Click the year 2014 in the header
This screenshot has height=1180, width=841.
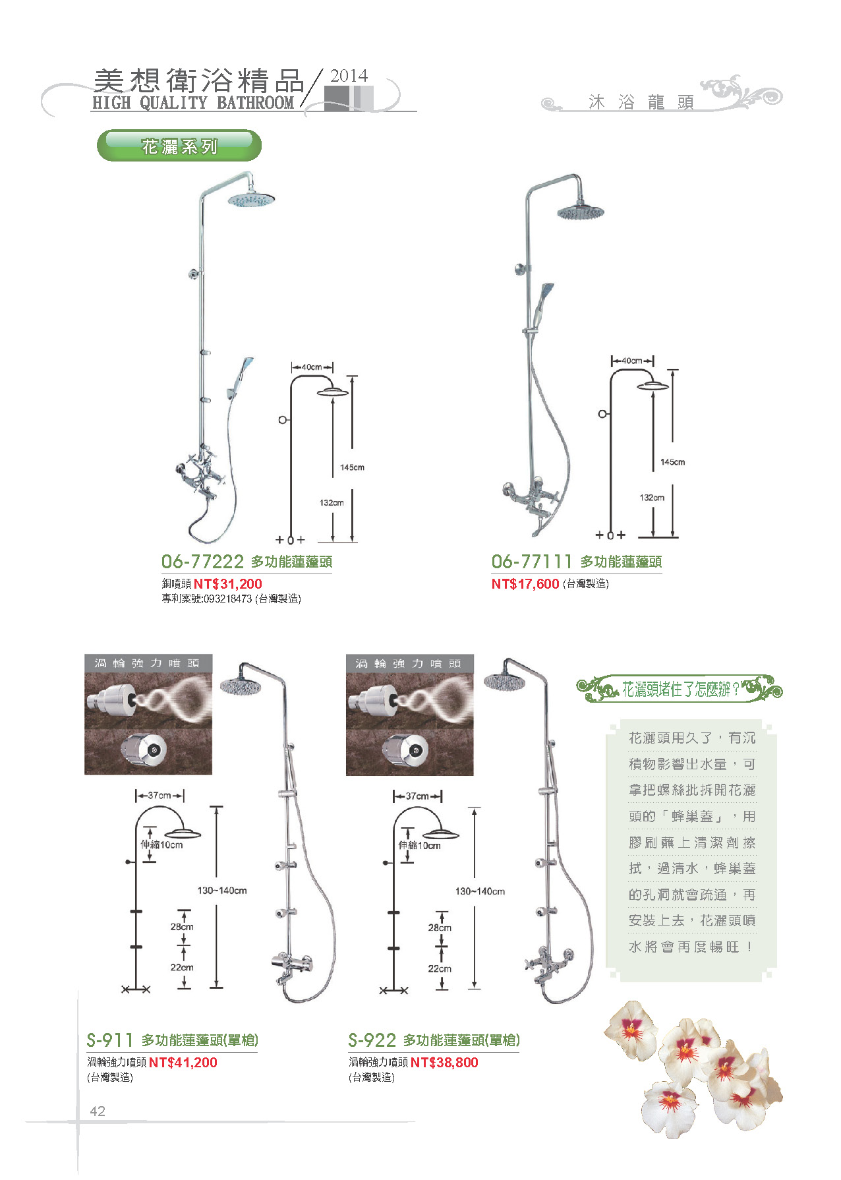point(349,76)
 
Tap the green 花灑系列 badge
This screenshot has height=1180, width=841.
point(179,146)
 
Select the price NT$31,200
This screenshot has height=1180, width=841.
point(228,583)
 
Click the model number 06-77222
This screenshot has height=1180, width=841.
point(203,562)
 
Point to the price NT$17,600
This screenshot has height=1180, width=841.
point(525,583)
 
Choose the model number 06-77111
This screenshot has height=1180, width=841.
point(532,562)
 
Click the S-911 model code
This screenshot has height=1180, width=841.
point(110,1040)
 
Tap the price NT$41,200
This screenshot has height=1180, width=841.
point(183,1062)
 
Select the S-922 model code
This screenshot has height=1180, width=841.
point(372,1040)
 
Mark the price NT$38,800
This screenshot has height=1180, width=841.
point(444,1062)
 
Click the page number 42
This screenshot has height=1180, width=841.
point(98,1111)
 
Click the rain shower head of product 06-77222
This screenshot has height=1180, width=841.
point(251,198)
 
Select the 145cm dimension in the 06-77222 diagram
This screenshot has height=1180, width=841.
point(353,467)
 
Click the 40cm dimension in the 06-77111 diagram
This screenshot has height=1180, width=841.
point(632,361)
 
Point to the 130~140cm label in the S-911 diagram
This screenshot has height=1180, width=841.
point(222,891)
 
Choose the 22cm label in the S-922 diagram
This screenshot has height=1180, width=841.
point(440,968)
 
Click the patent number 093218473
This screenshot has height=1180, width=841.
point(228,599)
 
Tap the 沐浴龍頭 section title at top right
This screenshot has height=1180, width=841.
point(641,102)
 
